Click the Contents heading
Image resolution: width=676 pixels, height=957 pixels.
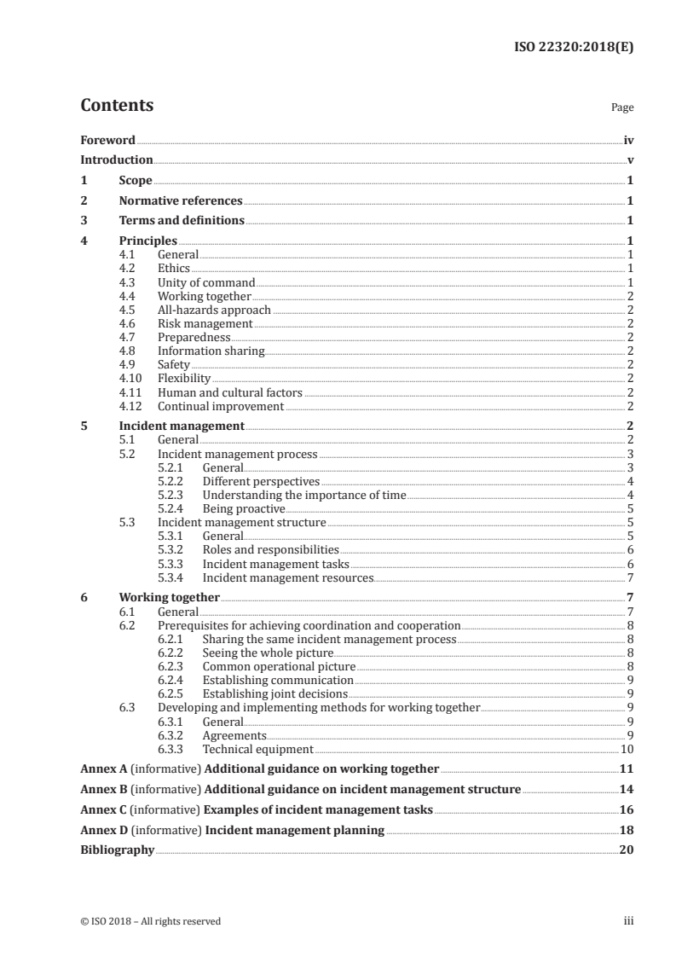(x=117, y=106)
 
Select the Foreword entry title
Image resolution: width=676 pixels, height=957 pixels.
(x=107, y=140)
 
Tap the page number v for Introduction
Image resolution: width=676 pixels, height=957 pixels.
(x=629, y=159)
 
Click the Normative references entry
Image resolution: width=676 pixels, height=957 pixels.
(x=181, y=201)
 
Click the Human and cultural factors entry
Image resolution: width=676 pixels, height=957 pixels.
(x=229, y=392)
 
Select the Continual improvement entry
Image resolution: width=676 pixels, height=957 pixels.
(x=220, y=406)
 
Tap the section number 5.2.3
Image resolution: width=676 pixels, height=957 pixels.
(x=173, y=496)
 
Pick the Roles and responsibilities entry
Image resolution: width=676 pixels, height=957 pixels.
(x=270, y=550)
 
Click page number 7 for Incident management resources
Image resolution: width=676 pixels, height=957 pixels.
(x=629, y=578)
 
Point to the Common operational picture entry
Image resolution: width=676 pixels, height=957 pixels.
(x=279, y=666)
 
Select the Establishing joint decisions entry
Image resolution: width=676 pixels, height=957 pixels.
(x=274, y=693)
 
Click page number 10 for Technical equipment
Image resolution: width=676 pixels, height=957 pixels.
(x=627, y=749)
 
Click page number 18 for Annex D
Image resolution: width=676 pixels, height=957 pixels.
(x=627, y=830)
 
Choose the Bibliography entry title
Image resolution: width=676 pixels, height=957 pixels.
(x=117, y=850)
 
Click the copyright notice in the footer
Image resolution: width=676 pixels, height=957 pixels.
(x=150, y=921)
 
